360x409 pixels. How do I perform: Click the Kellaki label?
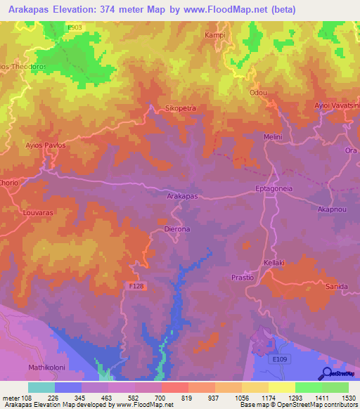[x=274, y=262]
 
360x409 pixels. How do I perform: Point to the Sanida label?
[x=337, y=287]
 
